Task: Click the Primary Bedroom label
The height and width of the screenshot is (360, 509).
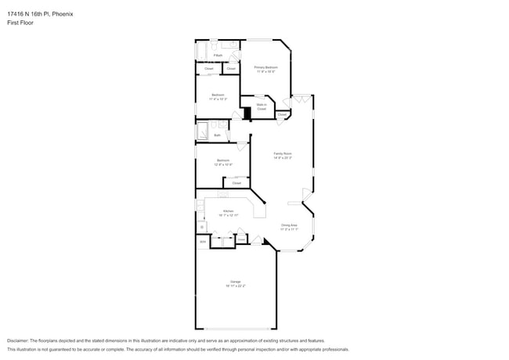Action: tap(265, 67)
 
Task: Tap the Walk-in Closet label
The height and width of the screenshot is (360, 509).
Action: tap(262, 106)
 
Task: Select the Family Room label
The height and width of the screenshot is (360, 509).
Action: tap(283, 153)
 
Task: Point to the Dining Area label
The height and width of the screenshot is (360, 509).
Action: tap(289, 225)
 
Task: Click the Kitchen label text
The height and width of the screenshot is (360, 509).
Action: tap(228, 211)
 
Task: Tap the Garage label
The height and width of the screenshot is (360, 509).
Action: tap(235, 281)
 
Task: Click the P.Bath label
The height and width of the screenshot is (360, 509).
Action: tap(218, 56)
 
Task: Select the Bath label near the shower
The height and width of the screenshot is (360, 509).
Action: tap(217, 135)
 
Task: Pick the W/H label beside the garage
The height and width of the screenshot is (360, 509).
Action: tap(202, 242)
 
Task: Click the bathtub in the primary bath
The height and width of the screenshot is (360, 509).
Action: tap(201, 51)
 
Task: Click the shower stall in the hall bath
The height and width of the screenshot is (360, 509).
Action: tap(202, 130)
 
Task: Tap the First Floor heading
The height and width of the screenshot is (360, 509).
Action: tap(20, 23)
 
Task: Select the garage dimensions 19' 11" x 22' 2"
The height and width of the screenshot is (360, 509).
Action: tap(235, 286)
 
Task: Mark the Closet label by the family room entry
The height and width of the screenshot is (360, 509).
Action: tap(281, 115)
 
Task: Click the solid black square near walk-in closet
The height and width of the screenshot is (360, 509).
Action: tap(247, 113)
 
